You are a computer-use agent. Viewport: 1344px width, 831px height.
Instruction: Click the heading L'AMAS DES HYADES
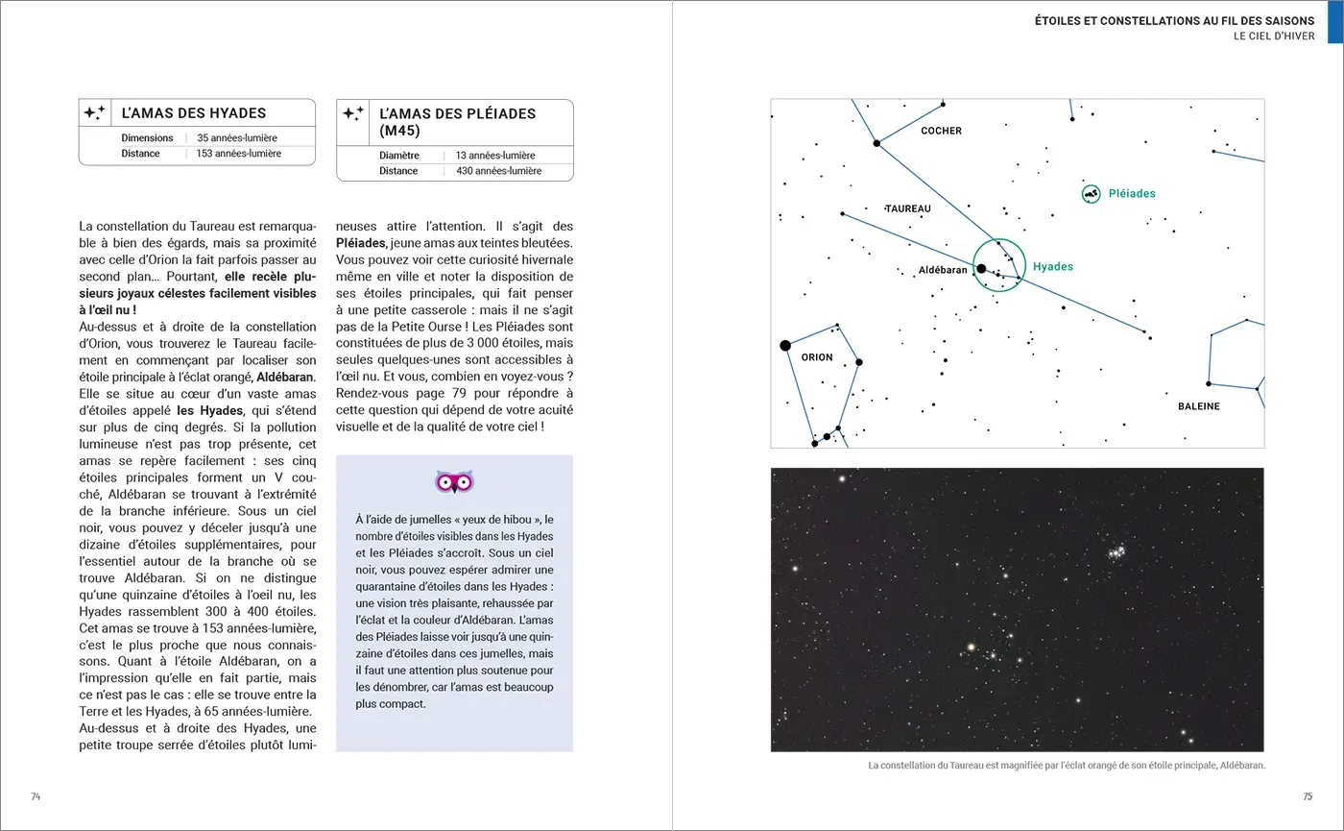[x=193, y=113]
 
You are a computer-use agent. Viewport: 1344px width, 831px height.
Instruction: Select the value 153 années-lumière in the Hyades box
[x=239, y=154]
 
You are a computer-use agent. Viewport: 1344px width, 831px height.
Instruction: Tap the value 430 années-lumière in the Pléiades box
[x=498, y=171]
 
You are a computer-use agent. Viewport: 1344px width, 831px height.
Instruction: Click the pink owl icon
[x=454, y=481]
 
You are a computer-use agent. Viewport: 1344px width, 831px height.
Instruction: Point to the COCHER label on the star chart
[x=941, y=131]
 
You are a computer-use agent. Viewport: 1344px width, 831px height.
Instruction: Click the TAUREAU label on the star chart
[x=908, y=208]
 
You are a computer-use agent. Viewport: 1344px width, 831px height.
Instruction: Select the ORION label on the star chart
[x=817, y=357]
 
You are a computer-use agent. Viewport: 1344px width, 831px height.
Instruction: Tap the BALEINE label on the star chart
[x=1198, y=406]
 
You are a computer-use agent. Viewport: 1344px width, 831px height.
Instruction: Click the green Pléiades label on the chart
[x=1132, y=193]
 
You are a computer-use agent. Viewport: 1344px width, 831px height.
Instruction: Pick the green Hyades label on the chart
[x=1053, y=267]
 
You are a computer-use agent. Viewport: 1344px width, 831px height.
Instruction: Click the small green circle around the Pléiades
[x=1091, y=194]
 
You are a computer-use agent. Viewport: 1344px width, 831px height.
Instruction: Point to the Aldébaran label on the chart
[x=943, y=270]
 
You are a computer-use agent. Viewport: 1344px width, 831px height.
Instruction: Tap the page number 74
[x=36, y=796]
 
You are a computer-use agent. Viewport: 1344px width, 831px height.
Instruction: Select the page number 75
[x=1307, y=796]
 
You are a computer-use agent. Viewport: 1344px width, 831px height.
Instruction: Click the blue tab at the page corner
[x=1334, y=22]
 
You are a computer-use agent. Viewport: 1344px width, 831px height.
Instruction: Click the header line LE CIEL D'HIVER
[x=1274, y=37]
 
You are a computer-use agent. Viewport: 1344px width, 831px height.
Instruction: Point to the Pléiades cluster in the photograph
[x=1116, y=552]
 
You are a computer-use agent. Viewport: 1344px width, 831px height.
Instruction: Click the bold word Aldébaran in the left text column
[x=286, y=375]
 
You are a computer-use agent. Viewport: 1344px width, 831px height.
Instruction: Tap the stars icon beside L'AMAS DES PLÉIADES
[x=352, y=113]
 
